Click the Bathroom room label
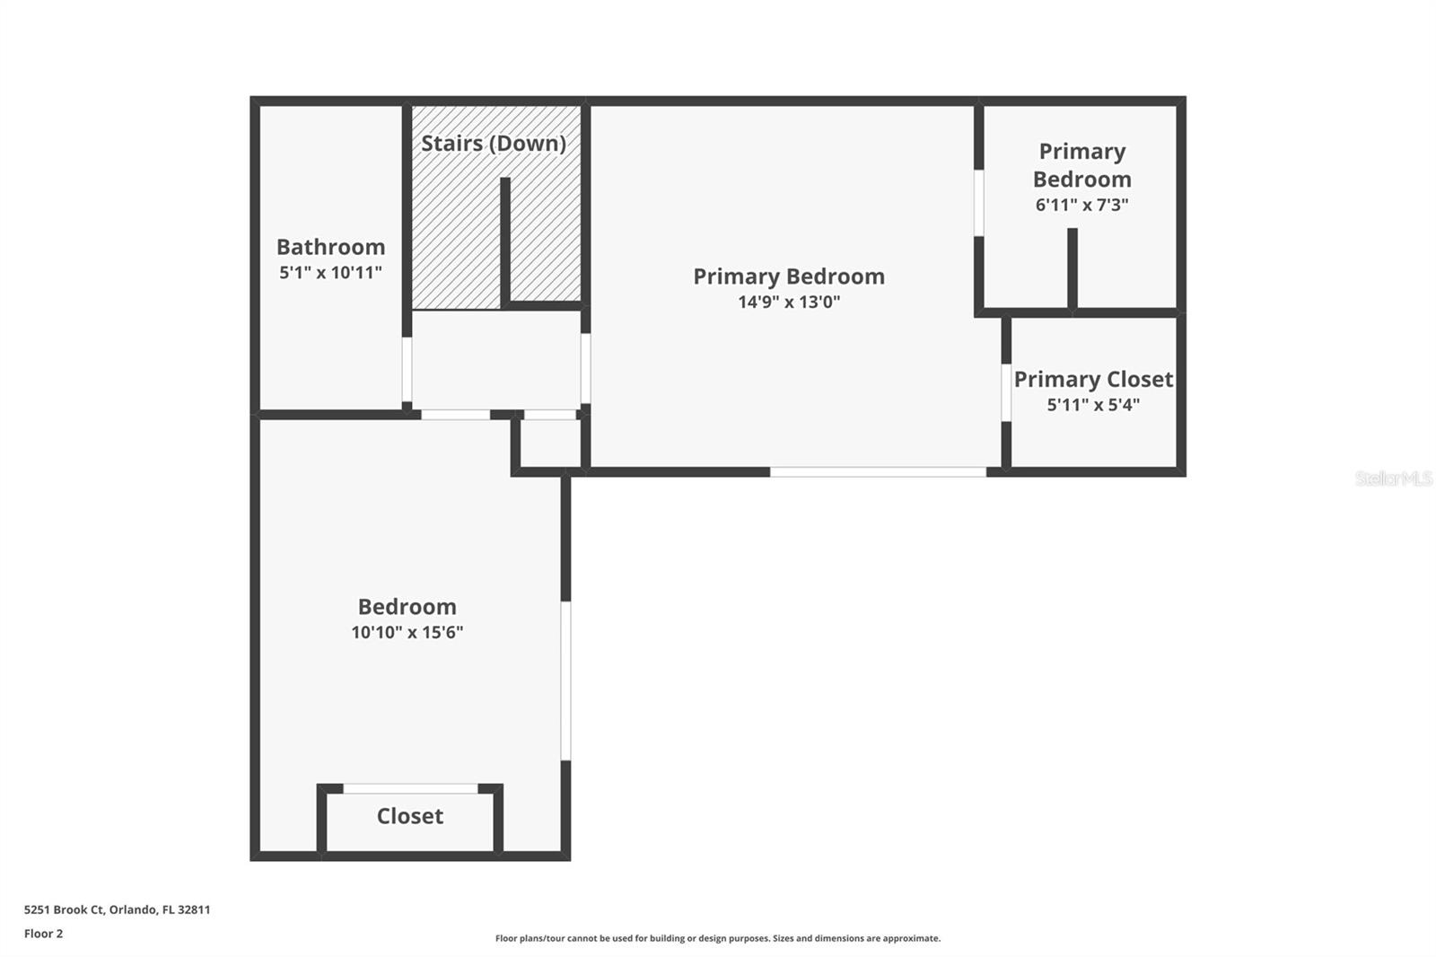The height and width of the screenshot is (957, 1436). tap(330, 247)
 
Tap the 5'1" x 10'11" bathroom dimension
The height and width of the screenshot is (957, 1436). tap(330, 272)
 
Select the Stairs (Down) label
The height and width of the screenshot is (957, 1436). tap(493, 143)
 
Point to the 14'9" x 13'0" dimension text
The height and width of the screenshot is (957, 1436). tap(789, 302)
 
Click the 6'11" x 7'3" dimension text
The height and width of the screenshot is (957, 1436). tap(1081, 205)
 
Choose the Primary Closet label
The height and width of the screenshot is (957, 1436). tap(1093, 379)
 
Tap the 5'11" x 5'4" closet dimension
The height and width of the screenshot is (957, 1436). tap(1093, 405)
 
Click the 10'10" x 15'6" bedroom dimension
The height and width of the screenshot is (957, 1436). tap(407, 632)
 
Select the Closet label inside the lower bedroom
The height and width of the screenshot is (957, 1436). tap(409, 816)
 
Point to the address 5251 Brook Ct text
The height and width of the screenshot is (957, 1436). tap(117, 909)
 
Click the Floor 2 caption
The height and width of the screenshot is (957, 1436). tap(43, 934)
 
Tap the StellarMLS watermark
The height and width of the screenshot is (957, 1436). tap(1393, 478)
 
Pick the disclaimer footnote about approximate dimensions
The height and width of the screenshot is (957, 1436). tap(718, 938)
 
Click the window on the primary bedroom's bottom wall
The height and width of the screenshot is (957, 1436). tap(878, 471)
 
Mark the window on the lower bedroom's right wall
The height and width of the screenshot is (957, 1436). tap(565, 680)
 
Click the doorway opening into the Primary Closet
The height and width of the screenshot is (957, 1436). tap(1006, 392)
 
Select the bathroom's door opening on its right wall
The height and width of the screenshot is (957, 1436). tap(407, 369)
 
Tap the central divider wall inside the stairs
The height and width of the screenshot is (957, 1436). tap(505, 241)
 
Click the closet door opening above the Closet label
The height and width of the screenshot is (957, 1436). tap(410, 788)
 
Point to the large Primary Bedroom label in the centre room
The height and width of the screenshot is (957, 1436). tap(789, 277)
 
